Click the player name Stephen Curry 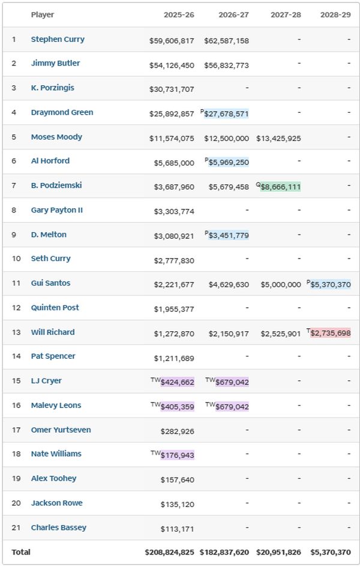point(58,40)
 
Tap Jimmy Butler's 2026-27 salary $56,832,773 point(226,65)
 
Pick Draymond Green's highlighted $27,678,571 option point(226,114)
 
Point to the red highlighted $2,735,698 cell point(331,333)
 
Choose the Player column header point(42,14)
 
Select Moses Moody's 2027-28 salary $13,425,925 point(278,139)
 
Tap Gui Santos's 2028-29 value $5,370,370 point(331,284)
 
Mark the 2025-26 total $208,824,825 point(169,552)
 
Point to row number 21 point(14,528)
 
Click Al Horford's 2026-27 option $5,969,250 point(229,163)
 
